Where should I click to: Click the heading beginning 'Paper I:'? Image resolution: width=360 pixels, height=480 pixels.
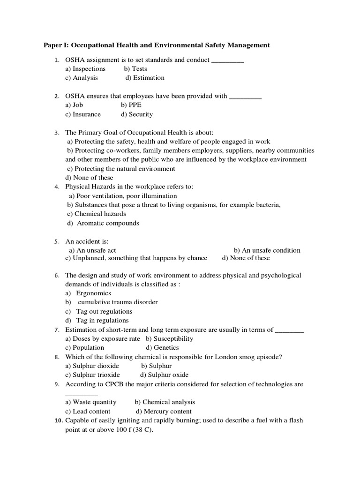coord(157,45)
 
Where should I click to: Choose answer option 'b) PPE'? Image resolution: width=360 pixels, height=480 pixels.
coord(131,105)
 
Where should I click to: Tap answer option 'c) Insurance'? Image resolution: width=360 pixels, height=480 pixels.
coord(83,114)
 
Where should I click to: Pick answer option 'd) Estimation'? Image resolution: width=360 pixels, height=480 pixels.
coord(145,78)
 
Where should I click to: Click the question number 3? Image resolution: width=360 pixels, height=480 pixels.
coord(56,133)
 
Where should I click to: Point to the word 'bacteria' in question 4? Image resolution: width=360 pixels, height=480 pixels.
coord(268,205)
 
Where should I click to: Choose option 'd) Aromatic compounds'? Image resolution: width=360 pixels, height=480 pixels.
coord(103,223)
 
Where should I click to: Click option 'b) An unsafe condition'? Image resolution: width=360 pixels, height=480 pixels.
coord(267,250)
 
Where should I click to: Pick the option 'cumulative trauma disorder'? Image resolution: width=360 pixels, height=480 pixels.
coord(118,302)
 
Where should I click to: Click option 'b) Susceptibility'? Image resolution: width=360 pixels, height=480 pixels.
coord(169,338)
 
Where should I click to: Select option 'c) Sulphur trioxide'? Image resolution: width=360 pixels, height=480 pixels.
coord(93,375)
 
